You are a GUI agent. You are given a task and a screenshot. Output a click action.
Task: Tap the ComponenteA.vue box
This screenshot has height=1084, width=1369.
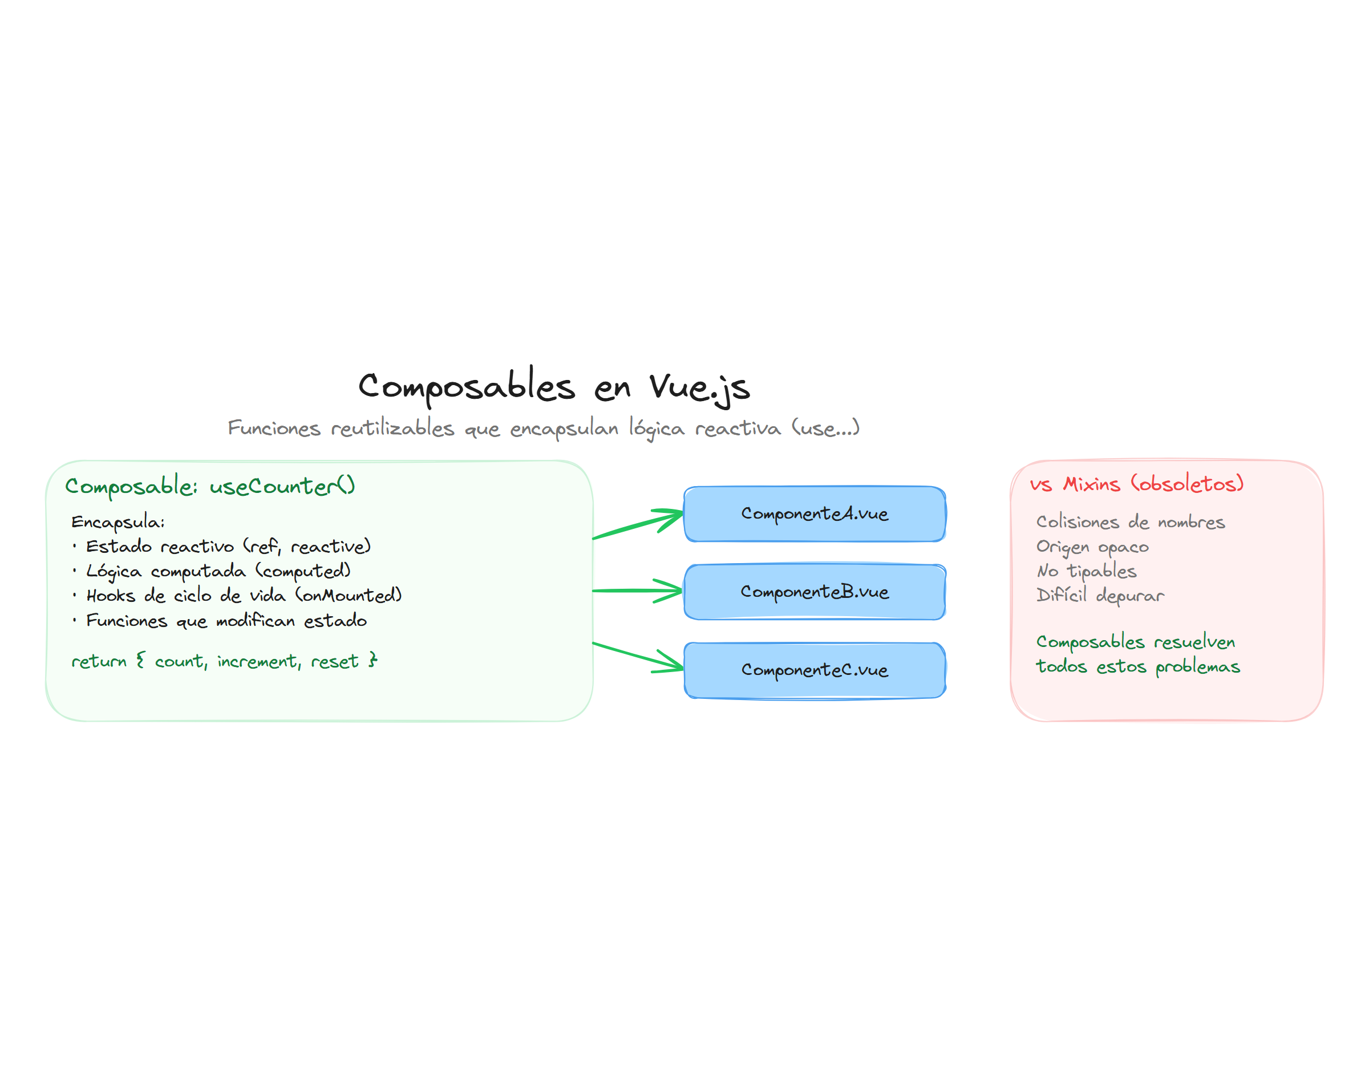(x=814, y=513)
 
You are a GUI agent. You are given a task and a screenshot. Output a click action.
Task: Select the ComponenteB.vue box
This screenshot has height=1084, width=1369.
(x=814, y=592)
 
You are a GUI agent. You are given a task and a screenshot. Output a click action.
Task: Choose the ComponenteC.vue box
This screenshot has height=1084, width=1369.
(x=814, y=670)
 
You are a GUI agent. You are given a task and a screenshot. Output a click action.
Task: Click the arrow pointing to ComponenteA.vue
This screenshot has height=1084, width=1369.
(x=634, y=525)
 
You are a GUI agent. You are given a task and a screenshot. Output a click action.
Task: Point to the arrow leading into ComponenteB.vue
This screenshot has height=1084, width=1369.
(x=634, y=590)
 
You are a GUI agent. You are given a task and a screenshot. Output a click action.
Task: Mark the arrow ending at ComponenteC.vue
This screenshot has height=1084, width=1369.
(x=634, y=656)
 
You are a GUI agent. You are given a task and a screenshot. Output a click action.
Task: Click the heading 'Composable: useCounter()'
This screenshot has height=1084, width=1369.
(x=209, y=487)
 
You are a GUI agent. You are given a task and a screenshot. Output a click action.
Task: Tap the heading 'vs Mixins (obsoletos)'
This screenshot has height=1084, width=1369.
(x=1136, y=484)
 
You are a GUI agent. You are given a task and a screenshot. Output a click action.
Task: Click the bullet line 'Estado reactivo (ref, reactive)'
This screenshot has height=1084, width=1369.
(x=228, y=547)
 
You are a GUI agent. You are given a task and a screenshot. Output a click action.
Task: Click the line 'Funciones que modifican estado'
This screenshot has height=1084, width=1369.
(x=226, y=620)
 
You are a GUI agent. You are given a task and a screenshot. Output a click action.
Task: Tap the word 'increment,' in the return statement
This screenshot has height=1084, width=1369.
(x=259, y=661)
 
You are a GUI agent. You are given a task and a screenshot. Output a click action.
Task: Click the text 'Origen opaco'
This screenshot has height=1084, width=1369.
(x=1092, y=547)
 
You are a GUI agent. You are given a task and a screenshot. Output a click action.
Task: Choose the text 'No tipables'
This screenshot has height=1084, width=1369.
(x=1086, y=571)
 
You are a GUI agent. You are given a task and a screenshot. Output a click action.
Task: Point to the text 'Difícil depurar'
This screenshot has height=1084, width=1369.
(x=1099, y=595)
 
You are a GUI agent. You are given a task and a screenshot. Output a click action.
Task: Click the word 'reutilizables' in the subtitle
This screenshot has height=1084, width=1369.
(x=392, y=428)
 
